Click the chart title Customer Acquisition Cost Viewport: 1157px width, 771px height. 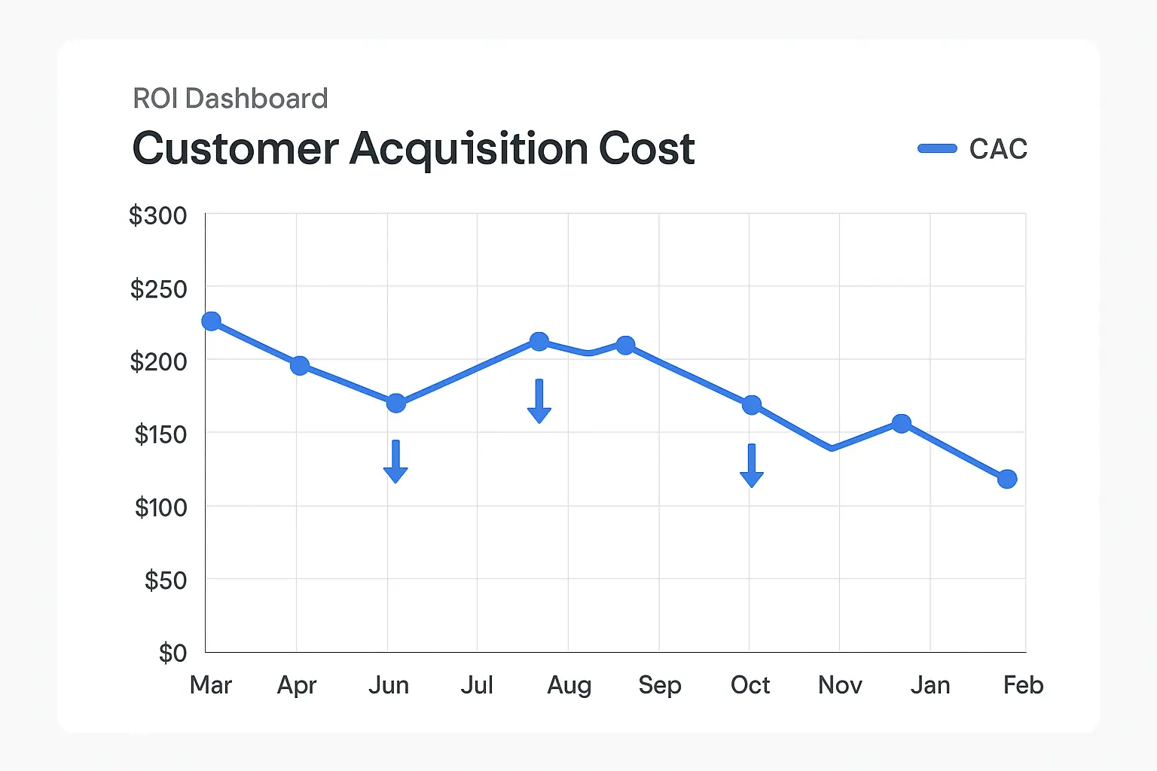pos(413,148)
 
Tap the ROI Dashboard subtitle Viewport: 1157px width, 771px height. pos(230,99)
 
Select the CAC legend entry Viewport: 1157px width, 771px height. pos(972,149)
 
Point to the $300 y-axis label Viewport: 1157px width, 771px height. pos(157,216)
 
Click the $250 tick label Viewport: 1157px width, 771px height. pos(158,289)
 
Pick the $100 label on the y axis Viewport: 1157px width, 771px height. pos(160,507)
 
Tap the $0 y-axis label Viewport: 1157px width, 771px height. pos(172,653)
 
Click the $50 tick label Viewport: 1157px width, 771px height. pos(165,581)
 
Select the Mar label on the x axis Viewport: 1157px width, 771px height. pos(211,685)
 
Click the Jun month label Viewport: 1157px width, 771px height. pos(389,685)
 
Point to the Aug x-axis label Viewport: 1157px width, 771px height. pos(569,685)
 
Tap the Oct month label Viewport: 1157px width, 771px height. pos(750,685)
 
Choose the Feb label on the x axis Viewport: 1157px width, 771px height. pos(1023,685)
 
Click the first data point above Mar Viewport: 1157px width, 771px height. pos(212,322)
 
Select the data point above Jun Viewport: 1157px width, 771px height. pos(396,404)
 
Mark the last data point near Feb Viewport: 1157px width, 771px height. pos(1007,479)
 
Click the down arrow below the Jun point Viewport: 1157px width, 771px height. pos(395,462)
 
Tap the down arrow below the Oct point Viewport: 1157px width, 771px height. pos(752,466)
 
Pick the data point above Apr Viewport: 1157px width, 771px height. pos(300,366)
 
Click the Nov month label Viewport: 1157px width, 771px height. pos(840,685)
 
